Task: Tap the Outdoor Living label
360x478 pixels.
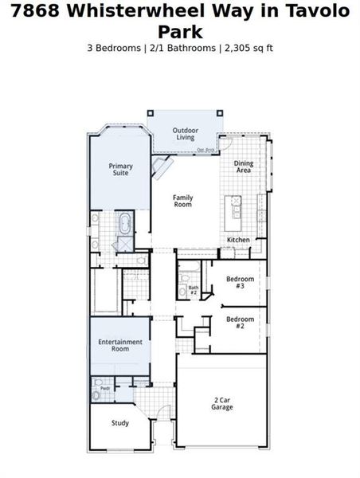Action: [x=186, y=134]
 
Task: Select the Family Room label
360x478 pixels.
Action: [x=183, y=201]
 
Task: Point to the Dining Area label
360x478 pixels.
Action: [x=244, y=167]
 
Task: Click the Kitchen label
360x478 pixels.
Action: [x=239, y=240]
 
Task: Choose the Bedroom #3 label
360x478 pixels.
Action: [x=240, y=282]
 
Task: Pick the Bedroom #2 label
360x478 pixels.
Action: [x=240, y=323]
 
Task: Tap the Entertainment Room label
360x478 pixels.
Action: [x=120, y=346]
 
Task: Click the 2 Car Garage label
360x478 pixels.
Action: [x=222, y=403]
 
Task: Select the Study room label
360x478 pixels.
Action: [x=120, y=423]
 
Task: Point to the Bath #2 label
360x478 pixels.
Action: [x=194, y=290]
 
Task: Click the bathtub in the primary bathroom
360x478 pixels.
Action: [x=126, y=221]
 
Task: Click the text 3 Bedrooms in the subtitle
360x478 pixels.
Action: [x=115, y=48]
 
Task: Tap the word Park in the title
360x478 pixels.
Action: [x=179, y=32]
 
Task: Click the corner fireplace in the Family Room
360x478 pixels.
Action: [x=163, y=168]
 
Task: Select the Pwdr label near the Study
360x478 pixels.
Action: [x=94, y=389]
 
